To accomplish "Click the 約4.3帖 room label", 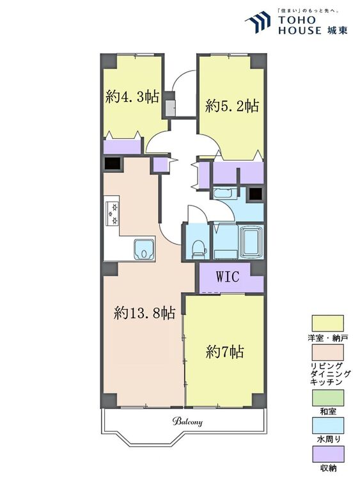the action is click(x=132, y=97).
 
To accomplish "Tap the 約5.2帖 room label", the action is click(x=232, y=106).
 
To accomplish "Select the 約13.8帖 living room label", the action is click(x=145, y=313).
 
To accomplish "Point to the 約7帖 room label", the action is click(x=225, y=352).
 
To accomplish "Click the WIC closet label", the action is click(x=228, y=276).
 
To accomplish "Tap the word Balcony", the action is click(x=187, y=422).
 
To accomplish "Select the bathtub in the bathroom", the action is click(x=251, y=242).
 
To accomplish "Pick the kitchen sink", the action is click(x=143, y=248).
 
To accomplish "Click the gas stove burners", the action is click(x=111, y=213).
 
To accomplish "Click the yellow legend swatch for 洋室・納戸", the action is click(x=327, y=323).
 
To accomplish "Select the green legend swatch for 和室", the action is click(x=327, y=397).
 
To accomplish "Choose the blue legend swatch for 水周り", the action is click(x=327, y=426).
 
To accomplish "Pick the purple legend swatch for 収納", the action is click(x=327, y=454).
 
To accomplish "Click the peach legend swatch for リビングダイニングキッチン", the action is click(x=327, y=353).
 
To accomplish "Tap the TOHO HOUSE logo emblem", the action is click(x=258, y=22).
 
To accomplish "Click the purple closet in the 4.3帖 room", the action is click(x=122, y=147).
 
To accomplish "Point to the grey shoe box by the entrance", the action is click(x=170, y=107).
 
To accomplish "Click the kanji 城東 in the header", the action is click(x=337, y=30).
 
